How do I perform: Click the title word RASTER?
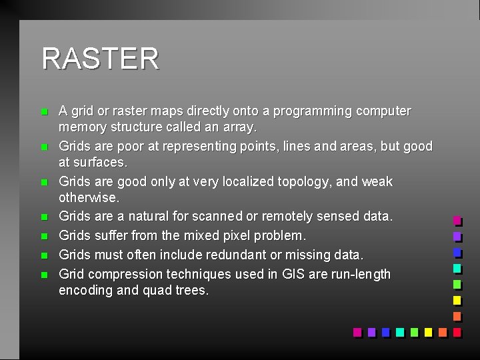[100, 59]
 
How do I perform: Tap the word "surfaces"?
[100, 162]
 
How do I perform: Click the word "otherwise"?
[88, 198]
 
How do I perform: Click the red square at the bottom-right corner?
[457, 331]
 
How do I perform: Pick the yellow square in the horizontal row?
[428, 331]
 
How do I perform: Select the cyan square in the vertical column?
[457, 268]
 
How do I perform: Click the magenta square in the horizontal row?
[357, 331]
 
